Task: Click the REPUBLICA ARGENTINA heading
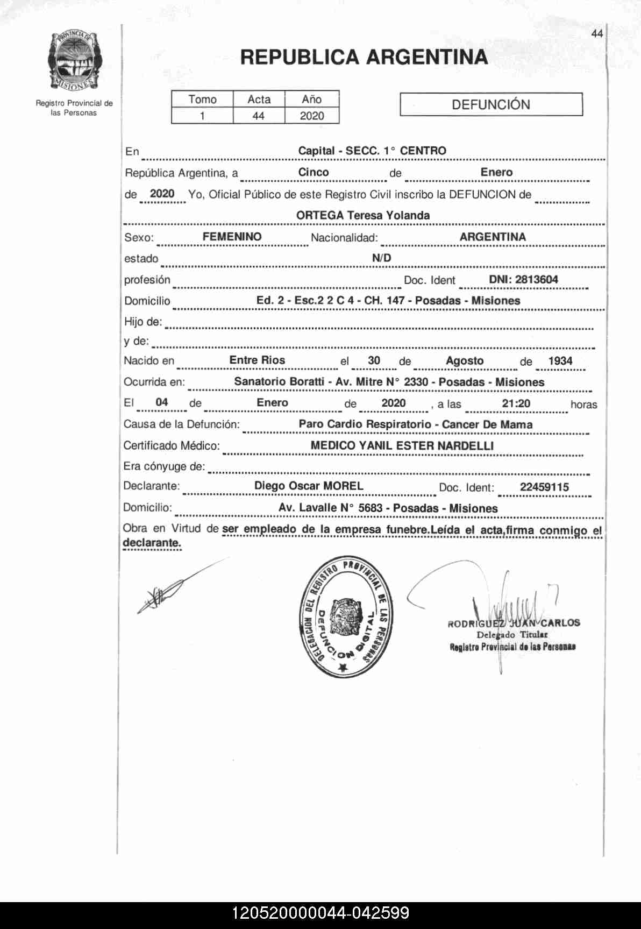[364, 57]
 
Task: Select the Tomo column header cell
[202, 100]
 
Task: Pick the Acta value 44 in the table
[258, 116]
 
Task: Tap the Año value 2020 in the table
[312, 116]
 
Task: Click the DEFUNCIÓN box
[491, 104]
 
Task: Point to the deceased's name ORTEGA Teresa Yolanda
[363, 215]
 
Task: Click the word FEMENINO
[232, 237]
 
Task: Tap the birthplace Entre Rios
[257, 360]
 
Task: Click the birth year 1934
[560, 361]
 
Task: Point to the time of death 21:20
[516, 403]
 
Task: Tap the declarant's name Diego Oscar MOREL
[309, 486]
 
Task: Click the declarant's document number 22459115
[544, 487]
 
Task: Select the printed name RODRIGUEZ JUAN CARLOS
[514, 623]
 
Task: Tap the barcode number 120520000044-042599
[320, 913]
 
